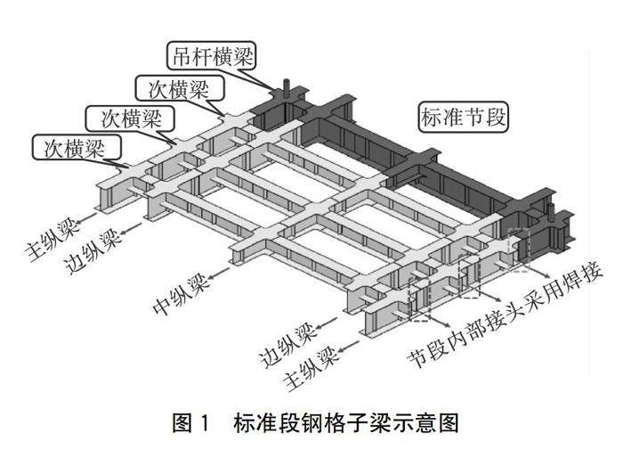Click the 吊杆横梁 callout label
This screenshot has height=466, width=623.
pos(211,56)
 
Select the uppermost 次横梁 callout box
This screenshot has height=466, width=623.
pos(180,89)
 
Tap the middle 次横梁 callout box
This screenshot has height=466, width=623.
pos(131,119)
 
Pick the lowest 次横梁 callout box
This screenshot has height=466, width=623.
pos(76,148)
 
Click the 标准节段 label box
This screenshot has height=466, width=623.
pos(464,117)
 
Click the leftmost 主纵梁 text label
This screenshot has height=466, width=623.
pos(53,241)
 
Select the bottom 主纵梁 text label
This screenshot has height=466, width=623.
pos(312,369)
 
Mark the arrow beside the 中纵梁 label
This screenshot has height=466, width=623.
pos(220,274)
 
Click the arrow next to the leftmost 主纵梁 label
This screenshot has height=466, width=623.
pos(86,218)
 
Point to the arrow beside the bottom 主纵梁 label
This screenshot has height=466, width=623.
pos(349,347)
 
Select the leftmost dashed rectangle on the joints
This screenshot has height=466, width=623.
pos(419,299)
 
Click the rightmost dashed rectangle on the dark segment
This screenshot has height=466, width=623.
pos(519,250)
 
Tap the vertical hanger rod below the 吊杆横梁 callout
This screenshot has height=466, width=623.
pos(286,89)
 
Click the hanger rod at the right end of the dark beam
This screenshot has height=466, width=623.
pos(550,212)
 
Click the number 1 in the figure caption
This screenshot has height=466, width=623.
pos(204,422)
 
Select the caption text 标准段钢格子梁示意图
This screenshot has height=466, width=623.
pos(346,422)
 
